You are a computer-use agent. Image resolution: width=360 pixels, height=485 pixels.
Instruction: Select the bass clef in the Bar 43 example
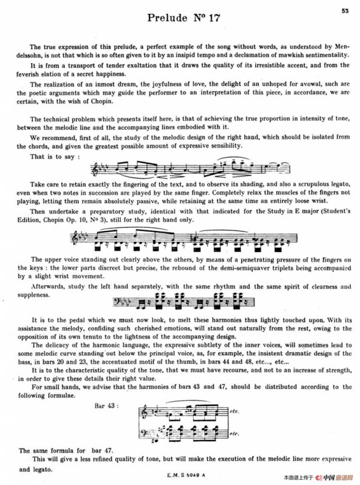[x=143, y=432]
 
